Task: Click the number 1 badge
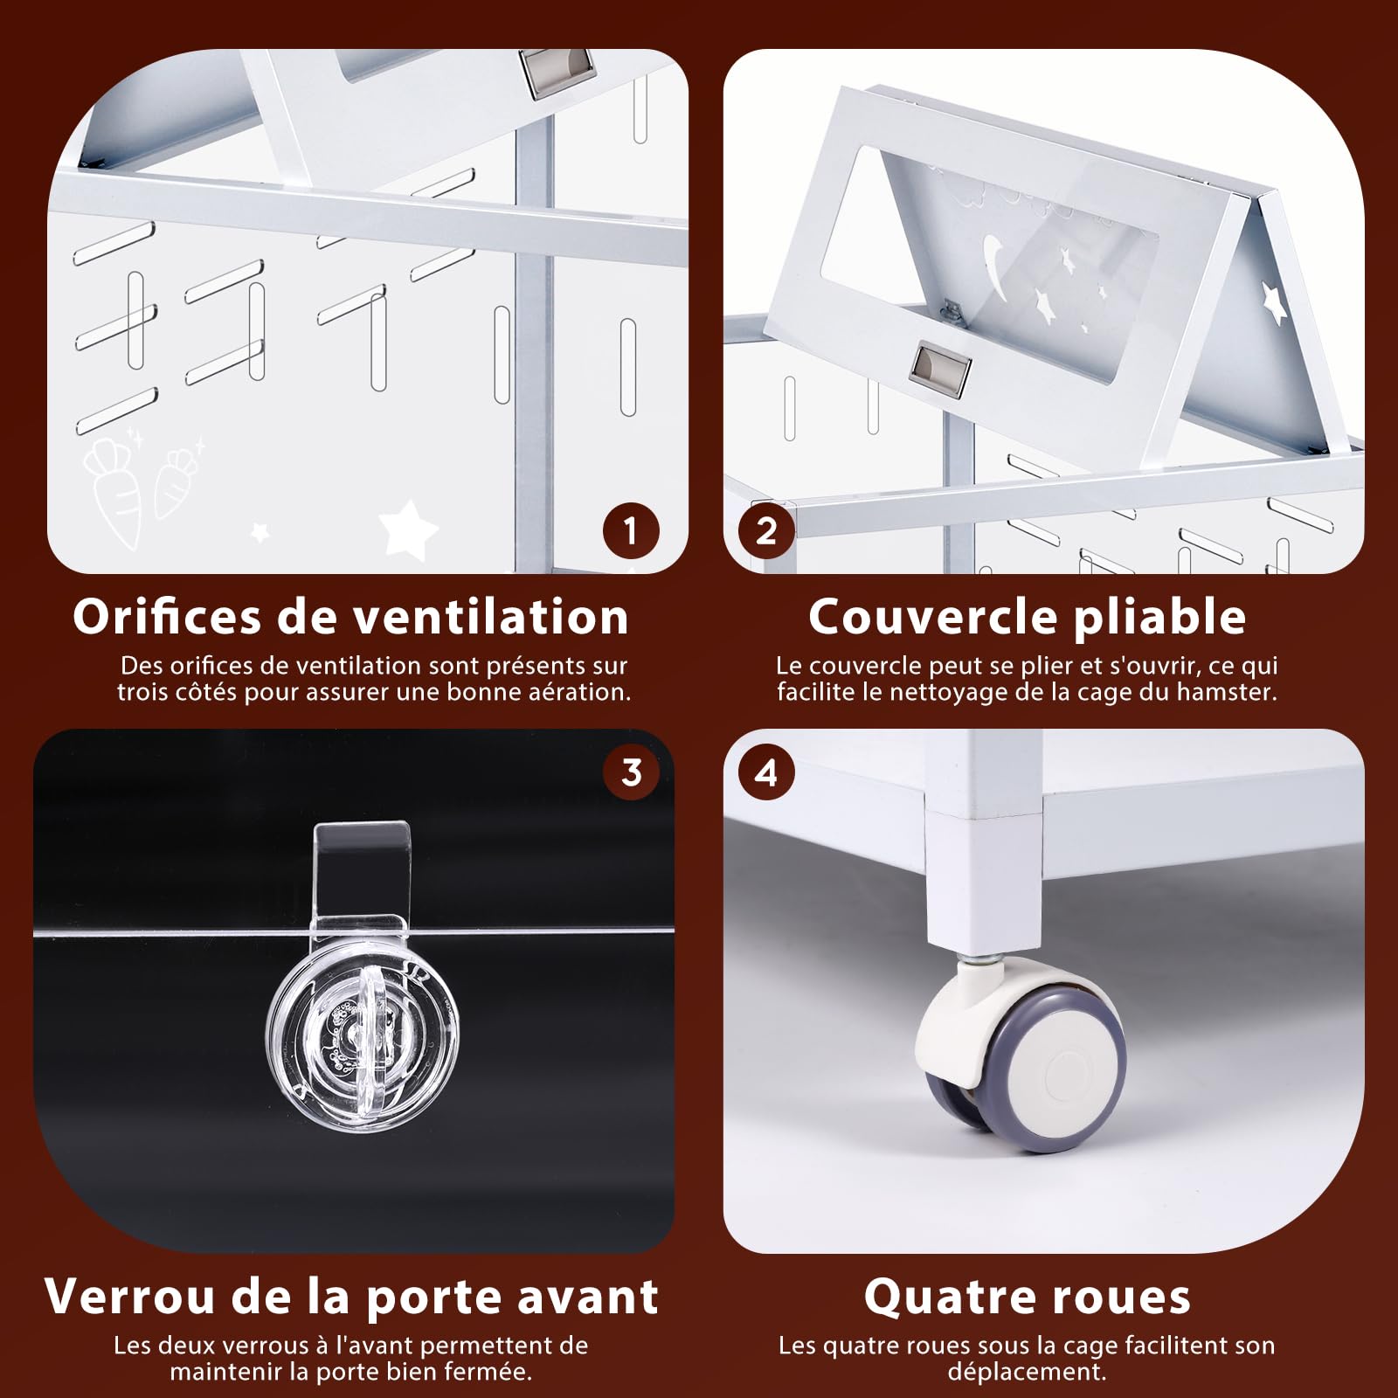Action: click(631, 530)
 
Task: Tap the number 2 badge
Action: click(766, 530)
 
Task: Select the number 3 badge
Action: click(631, 772)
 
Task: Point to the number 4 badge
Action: click(766, 772)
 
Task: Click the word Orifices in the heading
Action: click(167, 617)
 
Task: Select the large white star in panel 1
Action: click(407, 526)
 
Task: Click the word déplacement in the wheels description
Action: click(1027, 1372)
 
